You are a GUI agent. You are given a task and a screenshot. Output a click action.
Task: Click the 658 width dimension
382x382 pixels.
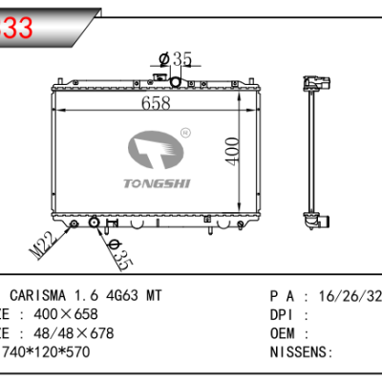tap(159, 102)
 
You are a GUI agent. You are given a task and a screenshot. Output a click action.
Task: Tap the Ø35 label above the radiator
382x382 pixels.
tap(176, 60)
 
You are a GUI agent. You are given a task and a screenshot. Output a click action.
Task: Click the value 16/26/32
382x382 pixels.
tap(347, 297)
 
